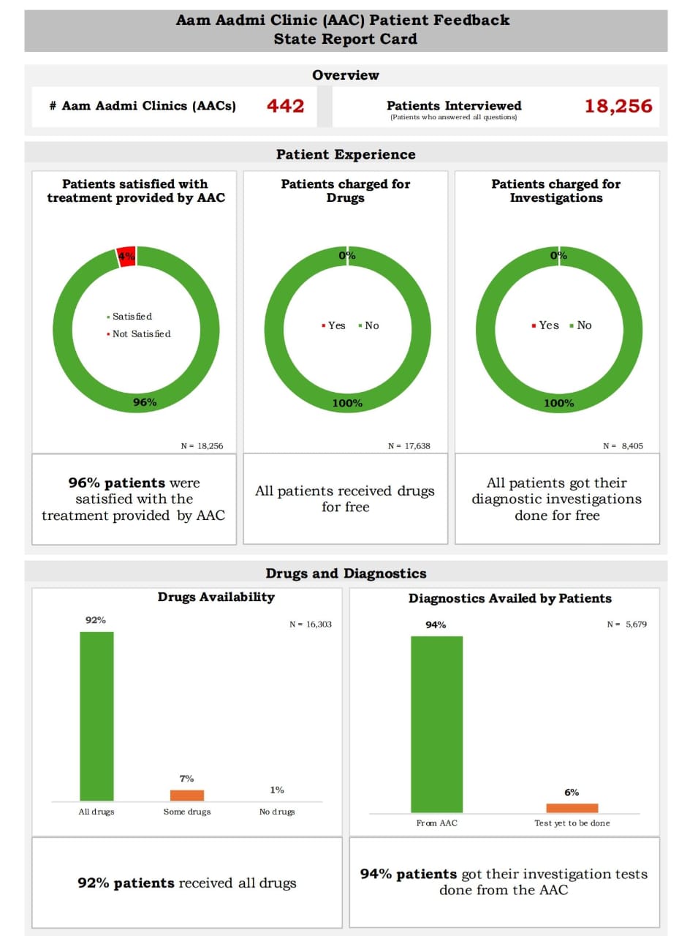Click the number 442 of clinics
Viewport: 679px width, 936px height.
click(x=285, y=106)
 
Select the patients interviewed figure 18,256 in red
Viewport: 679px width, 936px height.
click(x=618, y=106)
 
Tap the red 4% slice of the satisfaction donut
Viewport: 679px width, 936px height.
click(x=126, y=256)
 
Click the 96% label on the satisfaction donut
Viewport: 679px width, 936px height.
click(x=144, y=402)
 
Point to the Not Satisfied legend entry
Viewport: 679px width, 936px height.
click(x=141, y=334)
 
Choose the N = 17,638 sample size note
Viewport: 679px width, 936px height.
click(x=409, y=445)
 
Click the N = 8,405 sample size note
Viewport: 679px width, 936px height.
click(x=623, y=445)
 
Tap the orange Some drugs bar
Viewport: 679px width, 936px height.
click(x=187, y=795)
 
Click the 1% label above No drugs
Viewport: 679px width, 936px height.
click(x=277, y=790)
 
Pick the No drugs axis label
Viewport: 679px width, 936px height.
click(x=277, y=812)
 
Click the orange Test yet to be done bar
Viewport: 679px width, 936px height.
click(x=572, y=808)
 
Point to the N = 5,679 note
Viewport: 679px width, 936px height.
click(x=626, y=624)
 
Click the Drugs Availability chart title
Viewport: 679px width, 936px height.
click(x=216, y=597)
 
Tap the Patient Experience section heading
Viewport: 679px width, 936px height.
click(x=346, y=154)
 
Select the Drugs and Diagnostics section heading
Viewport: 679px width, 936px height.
click(x=346, y=573)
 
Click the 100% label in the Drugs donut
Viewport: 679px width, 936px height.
click(x=347, y=403)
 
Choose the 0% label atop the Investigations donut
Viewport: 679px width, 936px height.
click(x=558, y=255)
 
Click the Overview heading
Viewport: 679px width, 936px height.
click(x=346, y=75)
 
